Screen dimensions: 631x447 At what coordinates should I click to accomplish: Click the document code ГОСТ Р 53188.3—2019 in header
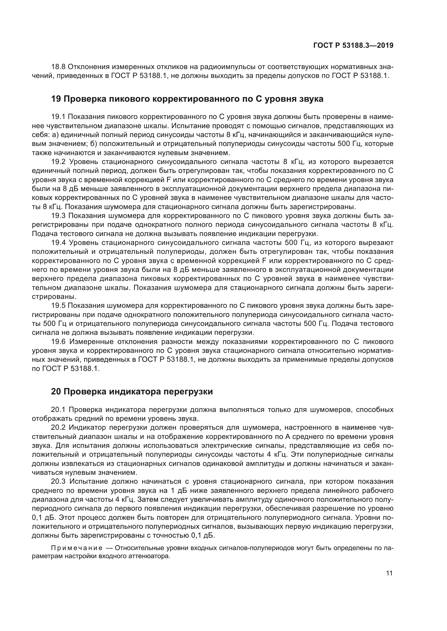click(353, 45)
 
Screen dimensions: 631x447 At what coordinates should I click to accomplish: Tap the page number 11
click(389, 573)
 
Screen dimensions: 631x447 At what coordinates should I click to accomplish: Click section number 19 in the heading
click(56, 99)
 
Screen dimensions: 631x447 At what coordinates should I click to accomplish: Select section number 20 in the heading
click(56, 392)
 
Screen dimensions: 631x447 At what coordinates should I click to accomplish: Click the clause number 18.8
click(58, 67)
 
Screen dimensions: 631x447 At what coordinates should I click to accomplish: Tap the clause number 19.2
click(58, 162)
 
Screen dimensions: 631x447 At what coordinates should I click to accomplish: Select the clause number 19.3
click(58, 216)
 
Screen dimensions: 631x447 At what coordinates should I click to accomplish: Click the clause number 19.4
click(58, 243)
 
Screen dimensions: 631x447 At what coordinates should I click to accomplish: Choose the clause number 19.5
click(58, 306)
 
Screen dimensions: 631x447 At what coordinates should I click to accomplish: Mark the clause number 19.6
click(58, 342)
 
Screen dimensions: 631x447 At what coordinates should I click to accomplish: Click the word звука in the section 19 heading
click(311, 99)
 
